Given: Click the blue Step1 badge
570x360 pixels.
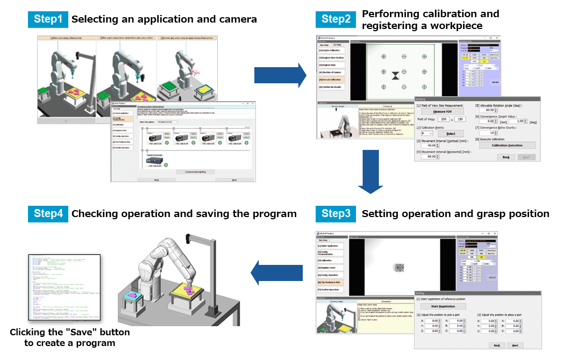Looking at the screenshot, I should [x=48, y=19].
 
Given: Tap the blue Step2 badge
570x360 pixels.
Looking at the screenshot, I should [x=336, y=19].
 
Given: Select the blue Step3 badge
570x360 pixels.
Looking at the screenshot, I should [x=336, y=213].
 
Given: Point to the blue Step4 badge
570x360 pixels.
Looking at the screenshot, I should [x=48, y=213].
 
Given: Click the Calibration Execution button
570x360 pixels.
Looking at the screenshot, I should [x=507, y=145].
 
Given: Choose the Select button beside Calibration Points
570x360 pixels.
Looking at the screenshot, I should [x=451, y=133].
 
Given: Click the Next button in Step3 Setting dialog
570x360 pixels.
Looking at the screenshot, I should [x=515, y=345].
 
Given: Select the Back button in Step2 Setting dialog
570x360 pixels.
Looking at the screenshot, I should [x=505, y=157].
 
